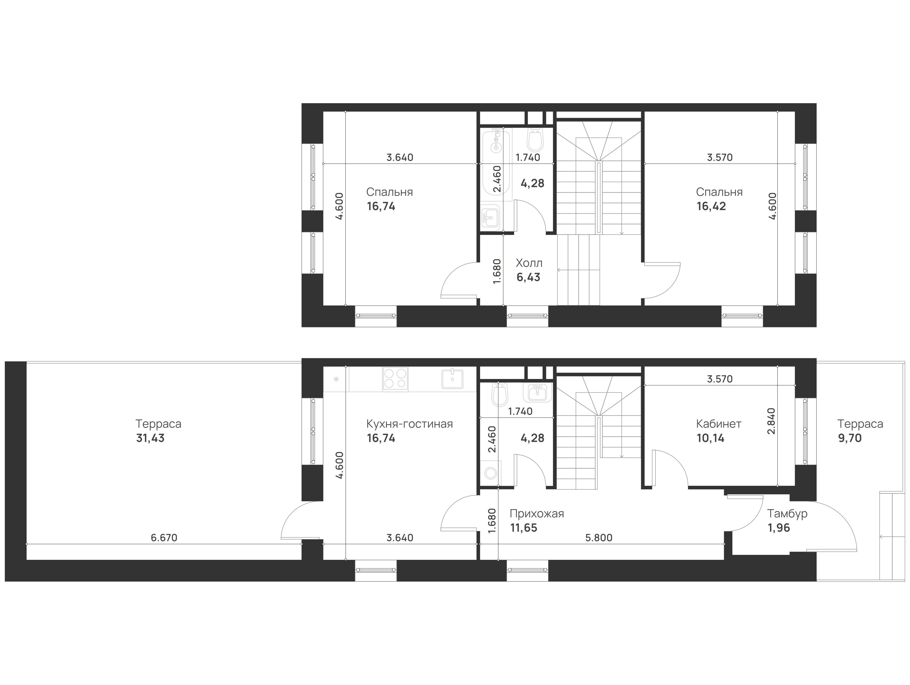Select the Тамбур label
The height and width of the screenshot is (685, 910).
[x=787, y=514]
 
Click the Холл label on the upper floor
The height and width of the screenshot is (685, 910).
[x=529, y=263]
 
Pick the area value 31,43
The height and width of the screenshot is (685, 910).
[x=150, y=438]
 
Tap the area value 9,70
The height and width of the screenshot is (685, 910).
[x=850, y=438]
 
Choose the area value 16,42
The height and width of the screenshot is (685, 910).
[x=711, y=207]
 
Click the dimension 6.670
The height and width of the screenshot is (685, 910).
[x=164, y=538]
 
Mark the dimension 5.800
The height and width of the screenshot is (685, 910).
[x=599, y=538]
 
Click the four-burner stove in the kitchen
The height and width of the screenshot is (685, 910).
[x=395, y=379]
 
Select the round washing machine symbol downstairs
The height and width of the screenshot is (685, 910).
[x=490, y=473]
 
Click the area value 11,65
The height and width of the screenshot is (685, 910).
[x=524, y=528]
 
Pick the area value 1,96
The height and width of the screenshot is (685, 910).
[x=779, y=528]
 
